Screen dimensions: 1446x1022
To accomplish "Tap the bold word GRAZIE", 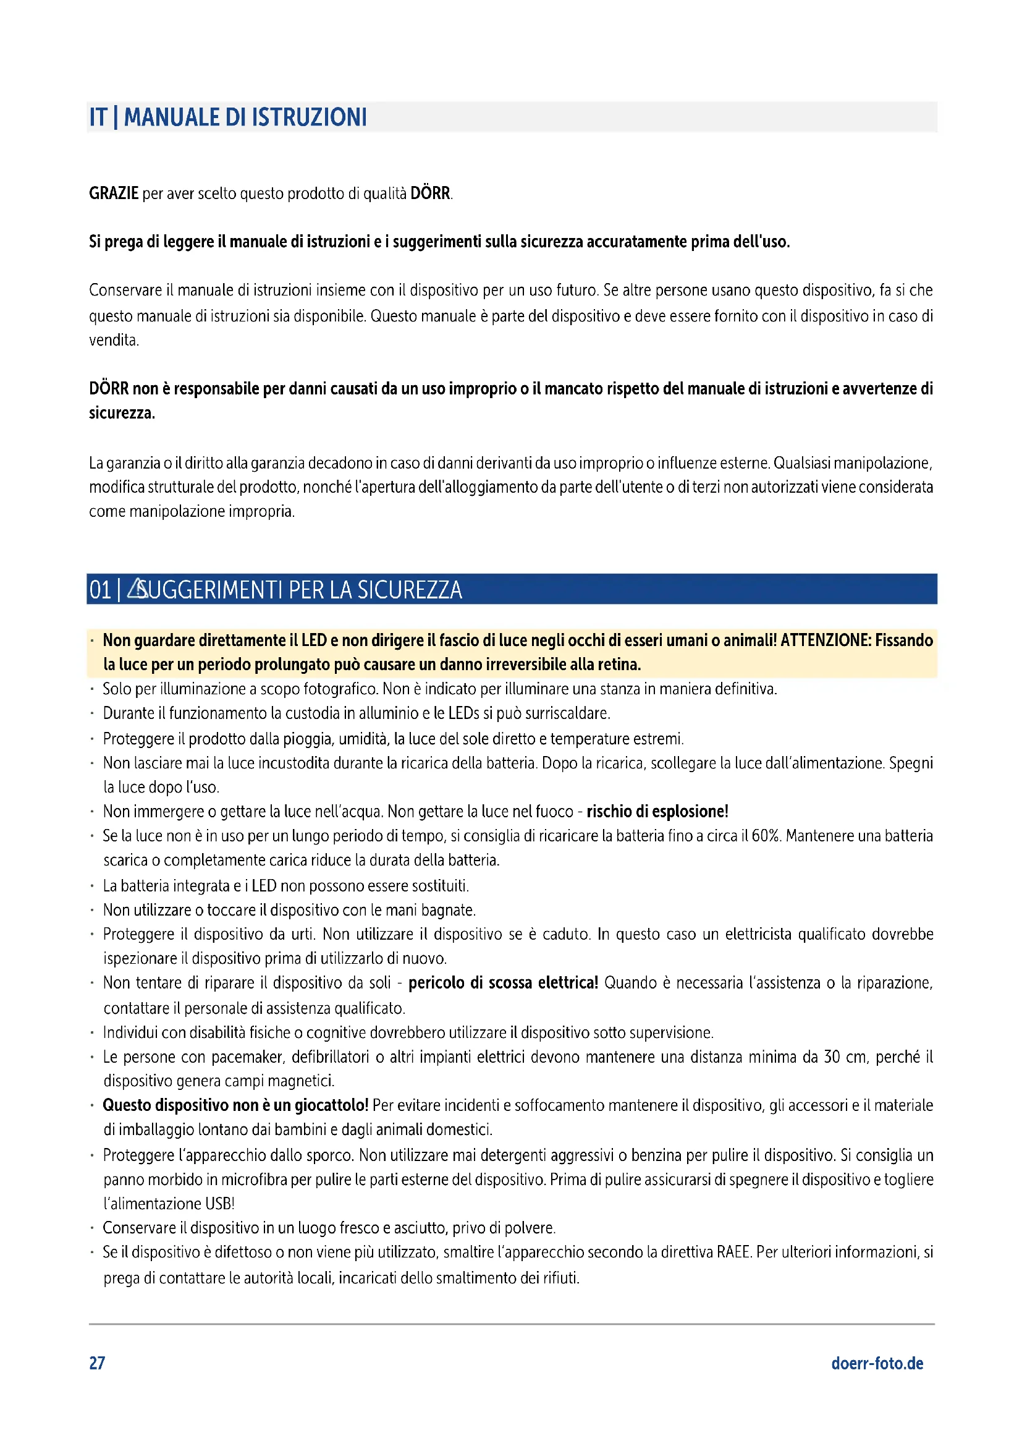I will (113, 194).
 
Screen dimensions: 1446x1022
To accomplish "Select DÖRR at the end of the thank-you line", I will (430, 194).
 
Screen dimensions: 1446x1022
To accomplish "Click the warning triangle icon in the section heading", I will (136, 589).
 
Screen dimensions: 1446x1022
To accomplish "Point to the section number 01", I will (100, 590).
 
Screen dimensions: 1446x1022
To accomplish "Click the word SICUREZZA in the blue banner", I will (409, 590).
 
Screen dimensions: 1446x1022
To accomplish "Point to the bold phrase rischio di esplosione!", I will (657, 812).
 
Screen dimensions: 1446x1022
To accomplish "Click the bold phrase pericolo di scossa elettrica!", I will (503, 983).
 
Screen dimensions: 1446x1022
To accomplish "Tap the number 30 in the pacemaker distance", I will (832, 1057).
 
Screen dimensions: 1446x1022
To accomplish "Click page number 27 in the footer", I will (97, 1363).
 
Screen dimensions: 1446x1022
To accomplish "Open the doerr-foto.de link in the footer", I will (877, 1364).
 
